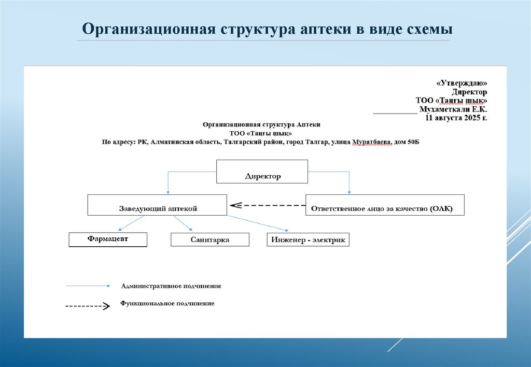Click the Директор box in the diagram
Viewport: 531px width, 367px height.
coord(262,172)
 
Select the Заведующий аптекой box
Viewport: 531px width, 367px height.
coord(157,205)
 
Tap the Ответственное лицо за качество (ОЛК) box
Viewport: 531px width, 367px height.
coord(385,205)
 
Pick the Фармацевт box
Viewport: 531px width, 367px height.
coord(108,239)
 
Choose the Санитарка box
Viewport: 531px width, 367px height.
coord(209,239)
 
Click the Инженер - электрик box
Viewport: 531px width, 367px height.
coord(308,239)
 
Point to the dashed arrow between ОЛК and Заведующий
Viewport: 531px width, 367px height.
coord(268,205)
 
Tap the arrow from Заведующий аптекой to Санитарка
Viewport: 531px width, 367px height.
coord(183,223)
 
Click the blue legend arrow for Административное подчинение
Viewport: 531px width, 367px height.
coord(88,286)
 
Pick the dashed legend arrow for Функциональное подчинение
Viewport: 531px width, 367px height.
coord(87,306)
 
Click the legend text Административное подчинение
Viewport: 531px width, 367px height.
coord(171,286)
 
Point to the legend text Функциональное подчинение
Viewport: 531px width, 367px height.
coord(167,303)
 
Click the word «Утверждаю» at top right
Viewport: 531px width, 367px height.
coord(462,83)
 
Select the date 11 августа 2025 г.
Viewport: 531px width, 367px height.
coord(456,118)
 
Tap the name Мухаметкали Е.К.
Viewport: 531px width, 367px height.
coord(453,109)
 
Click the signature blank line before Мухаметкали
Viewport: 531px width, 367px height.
coord(394,111)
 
